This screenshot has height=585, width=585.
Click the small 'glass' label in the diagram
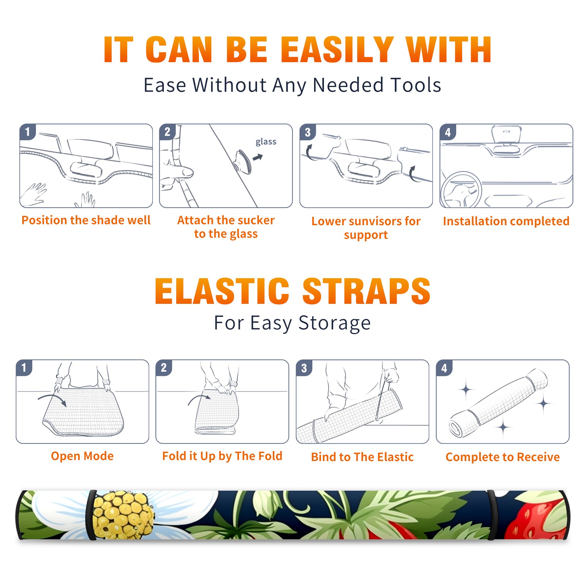point(266,142)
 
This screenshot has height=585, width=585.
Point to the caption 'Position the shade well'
point(86,220)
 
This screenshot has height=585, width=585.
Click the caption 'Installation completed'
point(506,221)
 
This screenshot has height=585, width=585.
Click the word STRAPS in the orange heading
point(366,291)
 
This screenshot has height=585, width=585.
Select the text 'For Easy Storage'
point(292,323)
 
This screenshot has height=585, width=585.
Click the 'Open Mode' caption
point(82,456)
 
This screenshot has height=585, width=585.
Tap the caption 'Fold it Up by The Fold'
point(222,456)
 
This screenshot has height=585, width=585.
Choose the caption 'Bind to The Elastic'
point(362,457)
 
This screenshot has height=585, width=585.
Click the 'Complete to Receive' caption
point(503,457)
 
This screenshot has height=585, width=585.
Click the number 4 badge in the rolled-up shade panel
point(444,368)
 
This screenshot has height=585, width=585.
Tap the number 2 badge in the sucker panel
point(167,132)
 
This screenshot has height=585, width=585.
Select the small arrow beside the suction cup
point(258,157)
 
